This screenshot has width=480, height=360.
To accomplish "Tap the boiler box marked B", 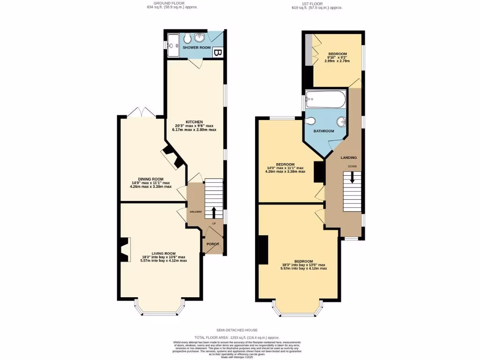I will pos(217,52).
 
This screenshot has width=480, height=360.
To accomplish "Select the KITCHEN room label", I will pos(194,122).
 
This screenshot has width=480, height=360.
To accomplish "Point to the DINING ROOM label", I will pos(150,179).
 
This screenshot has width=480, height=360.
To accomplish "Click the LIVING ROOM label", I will pos(163,254).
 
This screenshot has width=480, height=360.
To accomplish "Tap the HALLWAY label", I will pos(195,212).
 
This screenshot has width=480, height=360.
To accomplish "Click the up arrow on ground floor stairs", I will pos(214,212).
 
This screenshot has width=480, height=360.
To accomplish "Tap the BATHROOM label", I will pos(323,131).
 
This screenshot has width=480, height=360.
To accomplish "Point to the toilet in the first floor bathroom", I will pos(310,121).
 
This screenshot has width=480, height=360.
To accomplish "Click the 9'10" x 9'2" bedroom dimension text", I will pos(337,58).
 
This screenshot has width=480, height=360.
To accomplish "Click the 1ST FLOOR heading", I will pos(317,4).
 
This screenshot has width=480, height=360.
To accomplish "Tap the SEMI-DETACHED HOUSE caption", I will pos(237,330).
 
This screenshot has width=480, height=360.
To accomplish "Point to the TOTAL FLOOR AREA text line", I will pos(237,337).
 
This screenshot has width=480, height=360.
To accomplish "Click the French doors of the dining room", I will pos(140,112).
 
